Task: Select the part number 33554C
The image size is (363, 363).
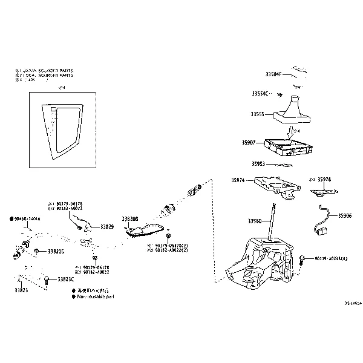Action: (260, 94)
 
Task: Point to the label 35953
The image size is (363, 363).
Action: (260, 163)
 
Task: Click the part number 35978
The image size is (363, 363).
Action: (324, 180)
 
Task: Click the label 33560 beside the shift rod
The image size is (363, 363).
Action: (255, 222)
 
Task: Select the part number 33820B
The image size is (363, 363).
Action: (130, 218)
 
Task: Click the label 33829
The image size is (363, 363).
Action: (107, 227)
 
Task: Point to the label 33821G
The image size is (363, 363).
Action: (56, 250)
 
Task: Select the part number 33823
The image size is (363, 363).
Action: (21, 290)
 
